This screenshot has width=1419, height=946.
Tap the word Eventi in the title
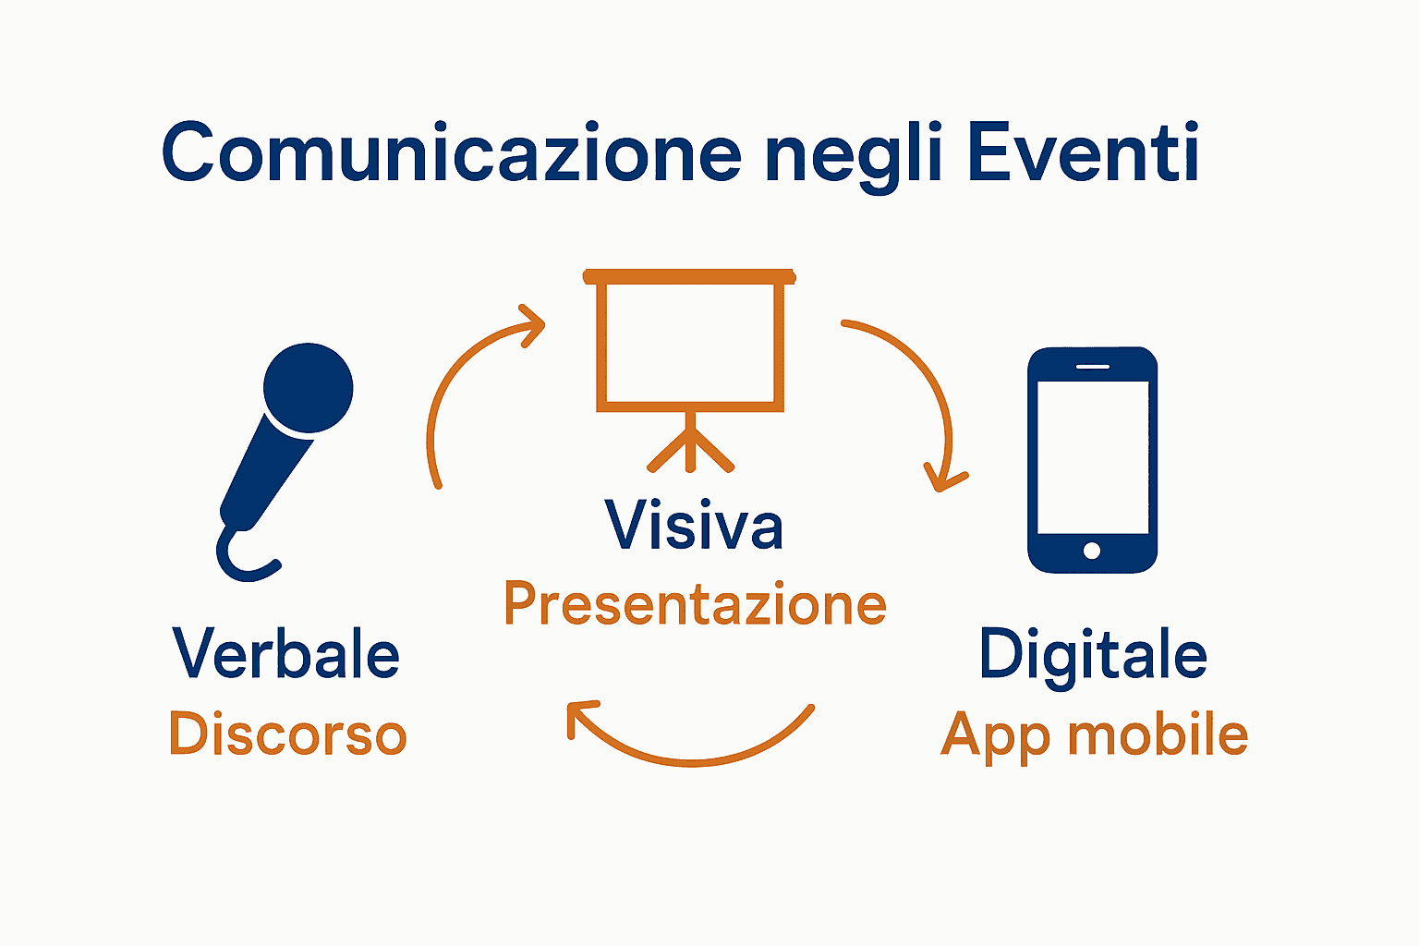1083,152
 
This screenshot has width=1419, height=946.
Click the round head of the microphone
308,388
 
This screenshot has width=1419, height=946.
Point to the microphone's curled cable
242,558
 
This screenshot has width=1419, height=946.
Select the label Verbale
286,654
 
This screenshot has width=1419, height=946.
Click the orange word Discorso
287,734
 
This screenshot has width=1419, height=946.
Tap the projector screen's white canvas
690,343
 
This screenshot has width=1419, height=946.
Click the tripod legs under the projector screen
691,448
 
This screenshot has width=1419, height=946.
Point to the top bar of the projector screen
689,276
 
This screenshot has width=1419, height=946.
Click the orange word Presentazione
695,604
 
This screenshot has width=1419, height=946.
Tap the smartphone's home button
1091,551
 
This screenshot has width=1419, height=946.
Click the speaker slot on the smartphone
1092,367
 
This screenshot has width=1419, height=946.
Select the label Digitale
1093,654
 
